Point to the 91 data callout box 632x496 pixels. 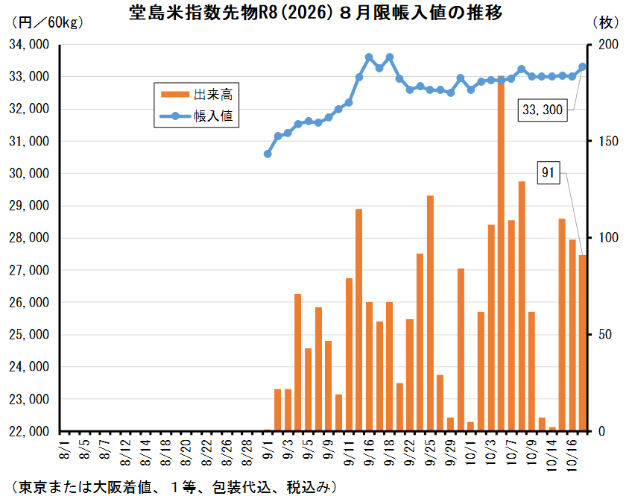click(548, 173)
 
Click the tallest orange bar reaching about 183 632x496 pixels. click(501, 254)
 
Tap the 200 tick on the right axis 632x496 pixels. click(600, 45)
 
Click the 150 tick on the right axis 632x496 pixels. click(600, 142)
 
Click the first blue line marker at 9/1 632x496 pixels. click(268, 154)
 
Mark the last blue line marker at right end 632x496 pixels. click(583, 67)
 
